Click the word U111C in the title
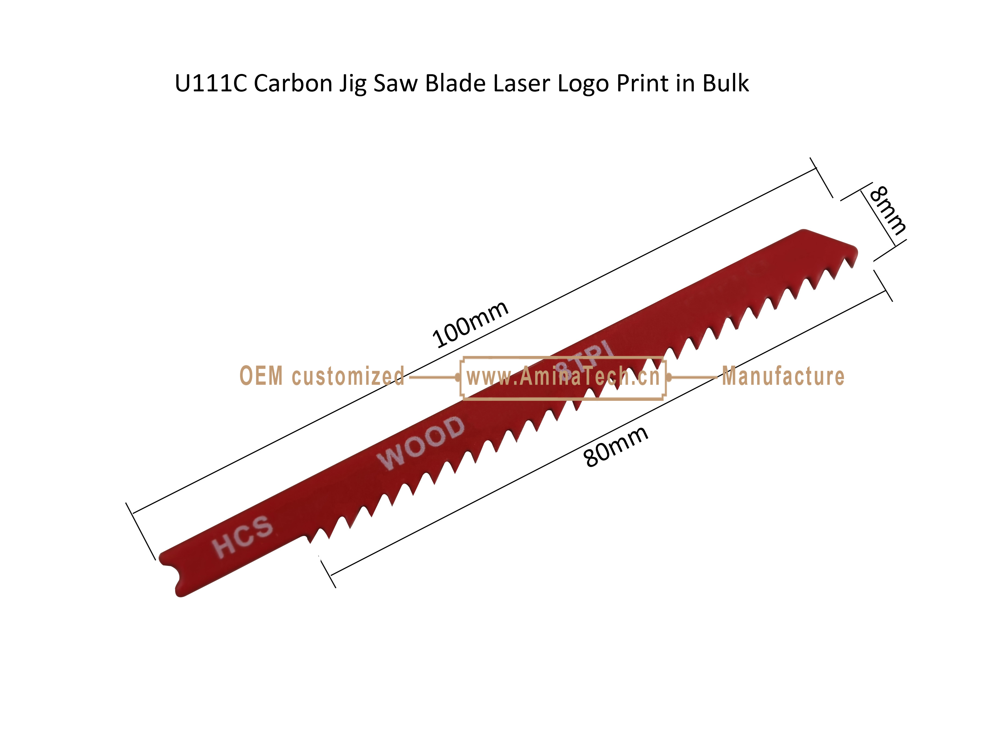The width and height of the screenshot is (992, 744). click(211, 83)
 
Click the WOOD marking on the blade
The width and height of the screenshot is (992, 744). click(421, 443)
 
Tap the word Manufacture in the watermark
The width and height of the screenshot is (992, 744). click(783, 376)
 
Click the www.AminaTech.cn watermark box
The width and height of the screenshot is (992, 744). click(563, 357)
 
